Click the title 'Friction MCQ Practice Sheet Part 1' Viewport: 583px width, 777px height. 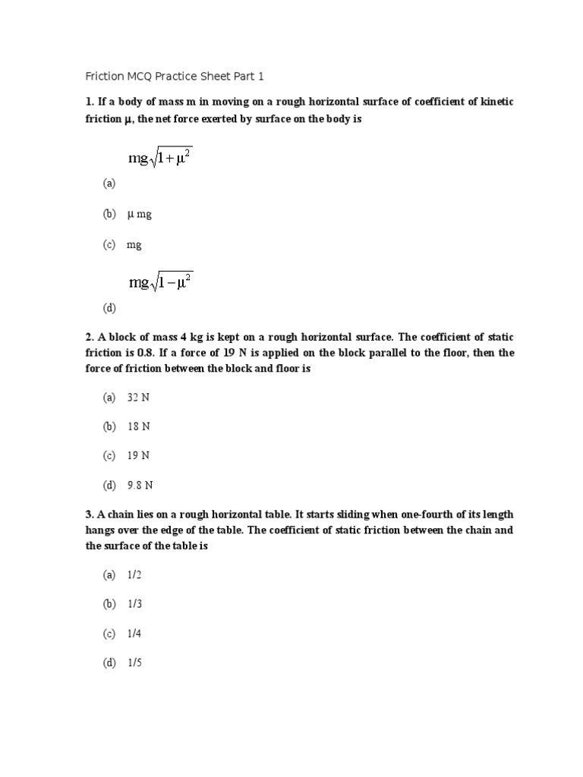coord(174,77)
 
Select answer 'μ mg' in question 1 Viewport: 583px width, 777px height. coord(140,215)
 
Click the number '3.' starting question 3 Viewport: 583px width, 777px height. coord(89,514)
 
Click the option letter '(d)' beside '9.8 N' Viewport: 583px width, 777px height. coord(110,485)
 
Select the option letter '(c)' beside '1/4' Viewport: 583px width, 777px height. coord(110,634)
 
